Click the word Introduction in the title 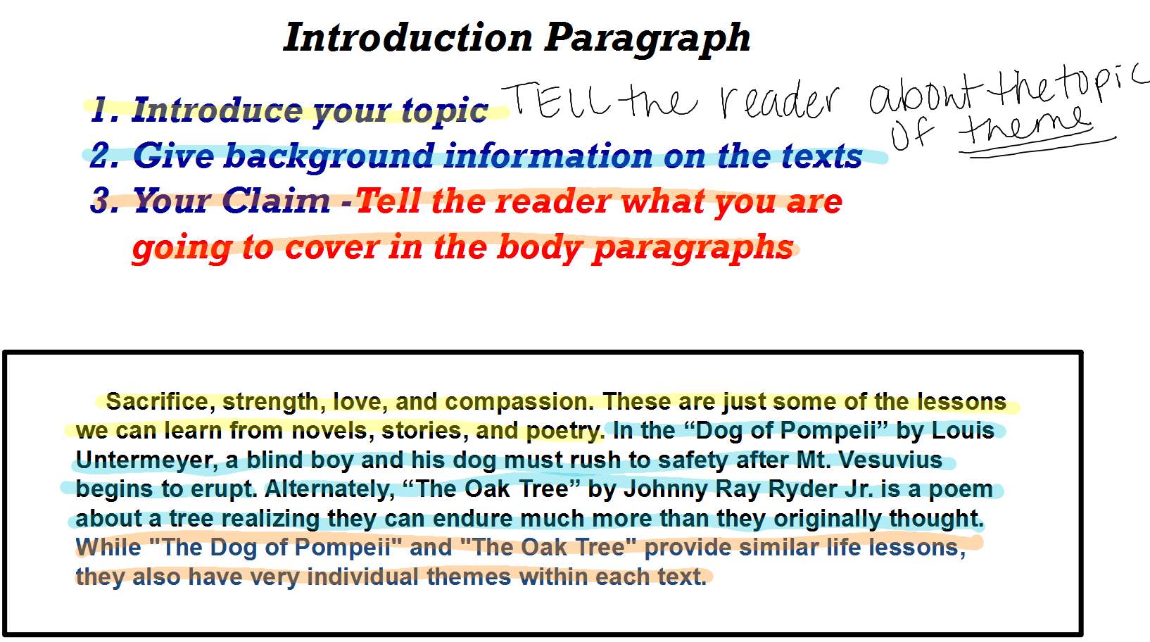coord(409,37)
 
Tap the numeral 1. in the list coord(105,110)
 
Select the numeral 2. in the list coord(105,156)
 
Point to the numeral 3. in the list coord(105,201)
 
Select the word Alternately coord(329,489)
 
